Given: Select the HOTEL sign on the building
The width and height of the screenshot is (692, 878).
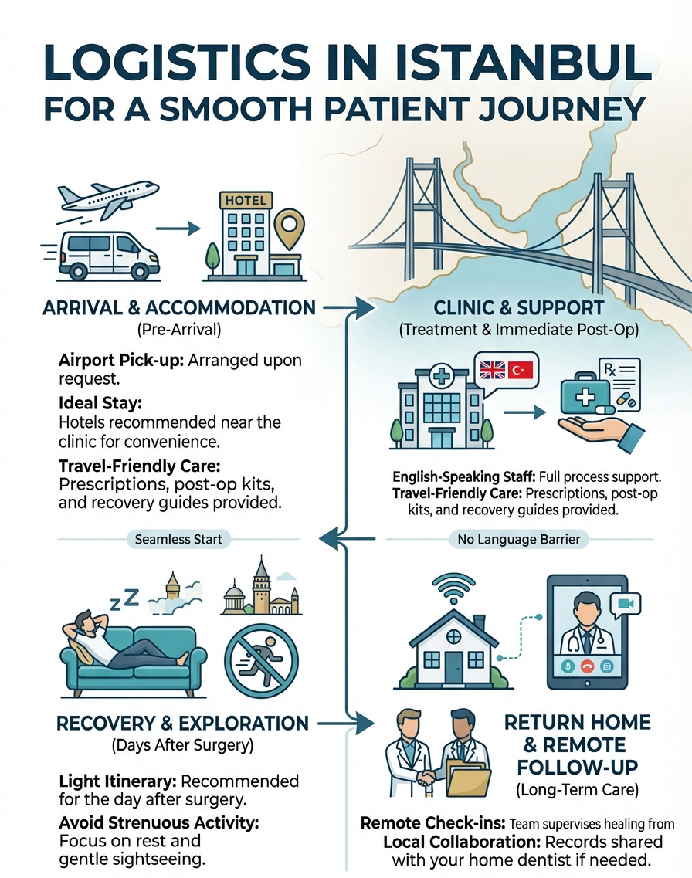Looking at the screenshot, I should (x=246, y=200).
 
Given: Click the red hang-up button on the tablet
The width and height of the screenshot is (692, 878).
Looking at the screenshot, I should (x=589, y=665).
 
